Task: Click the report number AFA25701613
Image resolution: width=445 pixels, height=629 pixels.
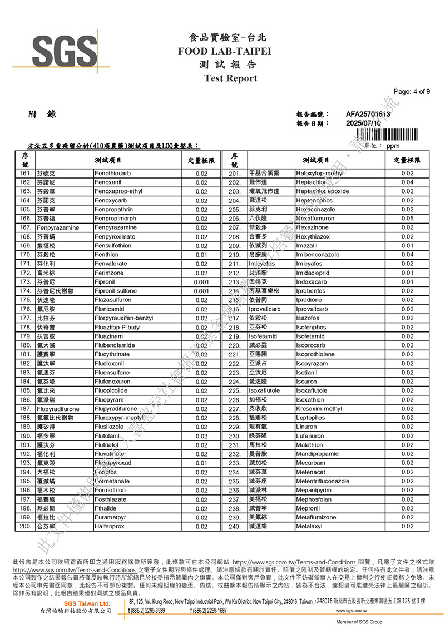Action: [x=368, y=114]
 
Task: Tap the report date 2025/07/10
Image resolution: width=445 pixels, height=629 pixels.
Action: [x=363, y=123]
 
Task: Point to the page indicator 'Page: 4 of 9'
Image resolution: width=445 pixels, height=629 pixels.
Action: [x=411, y=92]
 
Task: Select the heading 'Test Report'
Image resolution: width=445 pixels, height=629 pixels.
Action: [x=230, y=78]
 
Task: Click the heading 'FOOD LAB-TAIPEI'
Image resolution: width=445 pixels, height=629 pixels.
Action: [x=224, y=51]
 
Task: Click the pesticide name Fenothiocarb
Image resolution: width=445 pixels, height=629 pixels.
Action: [x=113, y=174]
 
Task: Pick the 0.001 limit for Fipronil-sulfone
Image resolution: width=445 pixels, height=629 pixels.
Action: [x=201, y=291]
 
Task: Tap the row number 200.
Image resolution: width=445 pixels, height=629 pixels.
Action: [x=26, y=526]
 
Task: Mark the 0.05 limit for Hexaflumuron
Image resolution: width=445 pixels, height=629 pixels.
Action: [x=407, y=219]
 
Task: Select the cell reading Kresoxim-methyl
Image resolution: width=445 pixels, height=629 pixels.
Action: [x=319, y=409]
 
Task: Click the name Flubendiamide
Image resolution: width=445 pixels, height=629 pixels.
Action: [x=115, y=345]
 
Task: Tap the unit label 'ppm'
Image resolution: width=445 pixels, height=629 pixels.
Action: [x=393, y=146]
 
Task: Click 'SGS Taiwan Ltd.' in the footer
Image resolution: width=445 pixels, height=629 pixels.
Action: [x=87, y=603]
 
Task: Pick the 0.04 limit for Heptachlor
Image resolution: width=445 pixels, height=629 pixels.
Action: [x=407, y=182]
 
